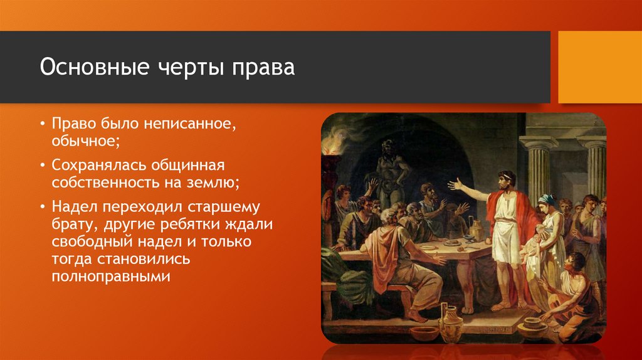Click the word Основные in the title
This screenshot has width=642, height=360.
[95, 66]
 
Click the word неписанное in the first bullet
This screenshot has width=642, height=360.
[189, 124]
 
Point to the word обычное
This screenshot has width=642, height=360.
[86, 141]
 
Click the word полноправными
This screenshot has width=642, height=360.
[111, 277]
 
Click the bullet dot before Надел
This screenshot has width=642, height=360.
[43, 207]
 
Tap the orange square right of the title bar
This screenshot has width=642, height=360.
[600, 67]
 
